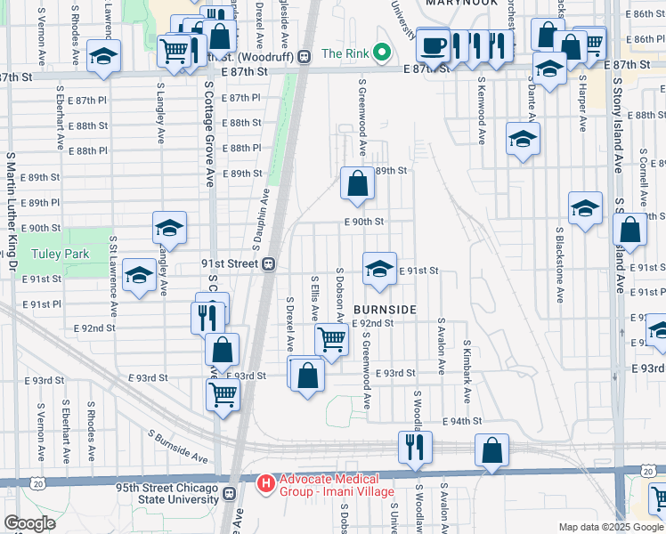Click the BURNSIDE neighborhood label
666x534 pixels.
pos(386,309)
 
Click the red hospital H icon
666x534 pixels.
pos(264,484)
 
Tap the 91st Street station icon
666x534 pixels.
pos(266,264)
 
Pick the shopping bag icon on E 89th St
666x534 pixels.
pos(357,184)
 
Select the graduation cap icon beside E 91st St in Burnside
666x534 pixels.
pos(379,269)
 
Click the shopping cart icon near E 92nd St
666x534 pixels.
pos(331,339)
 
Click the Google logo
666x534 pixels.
pos(29,523)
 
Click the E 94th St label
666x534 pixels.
pos(464,421)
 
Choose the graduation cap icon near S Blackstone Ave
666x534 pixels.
pos(585,209)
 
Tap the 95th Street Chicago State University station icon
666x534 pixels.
pos(230,492)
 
